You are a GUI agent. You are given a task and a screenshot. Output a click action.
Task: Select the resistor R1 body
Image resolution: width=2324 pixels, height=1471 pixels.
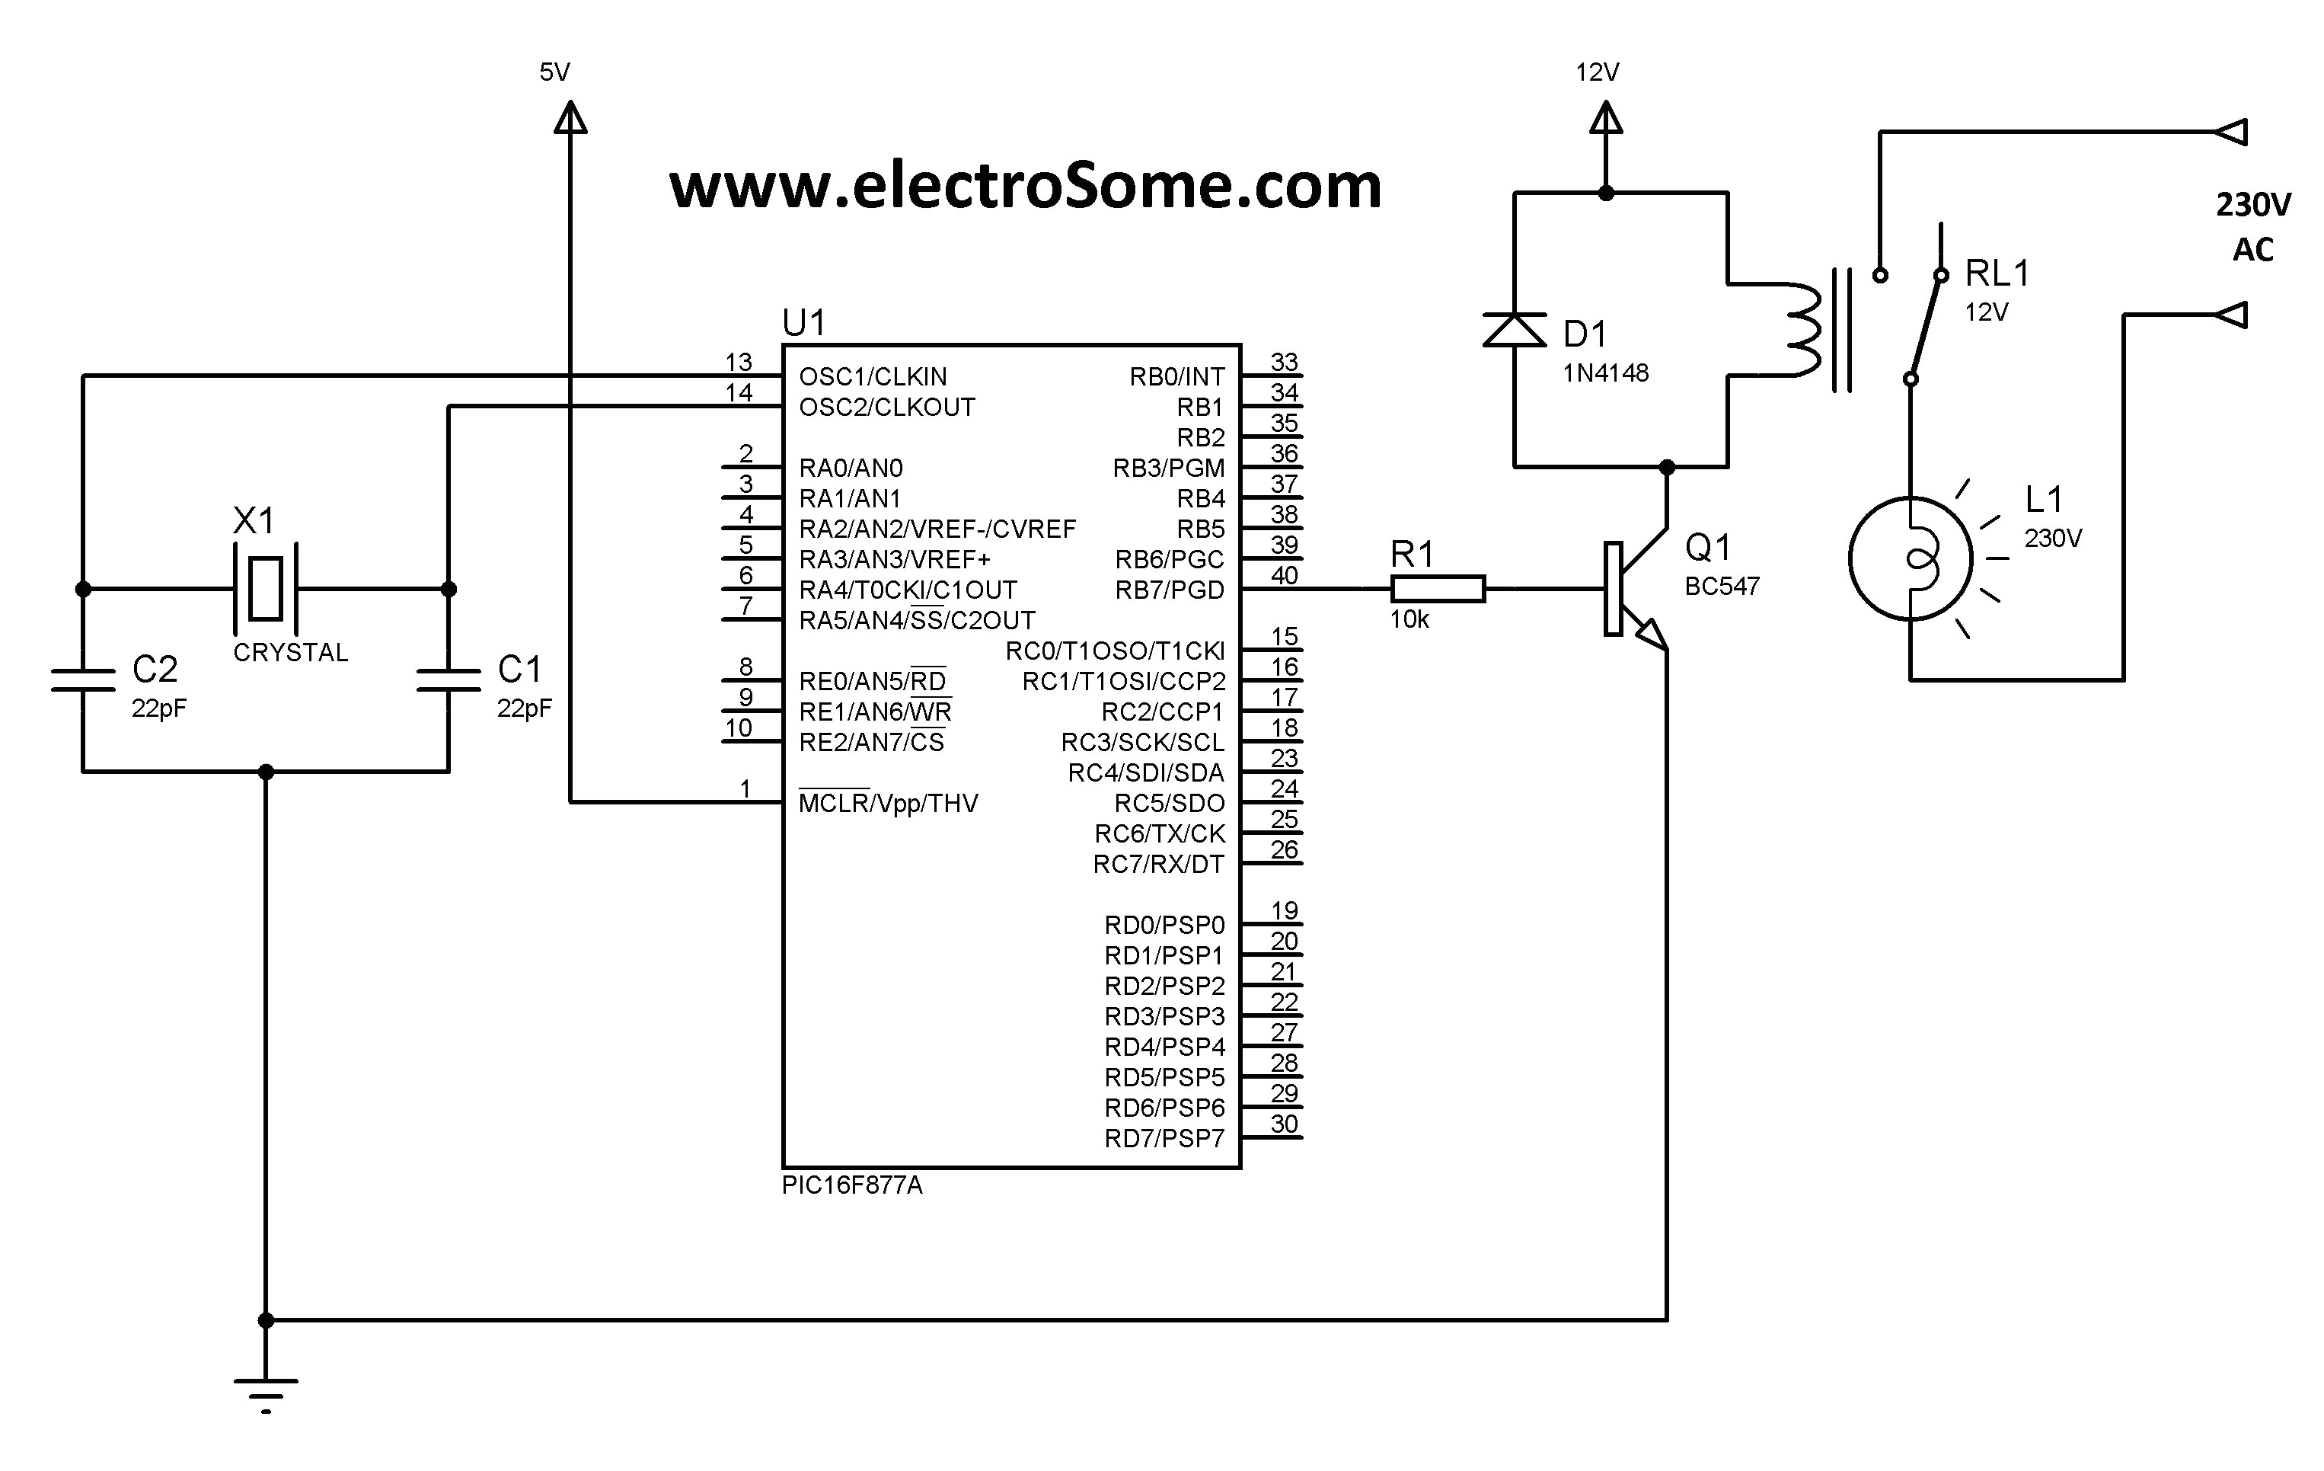[1437, 589]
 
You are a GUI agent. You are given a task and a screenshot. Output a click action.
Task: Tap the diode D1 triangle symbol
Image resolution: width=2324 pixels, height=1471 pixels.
[1513, 330]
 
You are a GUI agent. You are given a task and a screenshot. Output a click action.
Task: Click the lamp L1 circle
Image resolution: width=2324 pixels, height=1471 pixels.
[1910, 558]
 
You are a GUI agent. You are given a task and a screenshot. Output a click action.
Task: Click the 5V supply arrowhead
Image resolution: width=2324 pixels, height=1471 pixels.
[570, 118]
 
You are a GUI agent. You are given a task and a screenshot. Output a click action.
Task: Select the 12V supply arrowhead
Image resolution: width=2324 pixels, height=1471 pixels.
[1606, 119]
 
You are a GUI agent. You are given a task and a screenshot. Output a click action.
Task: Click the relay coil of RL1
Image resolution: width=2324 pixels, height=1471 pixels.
[1803, 330]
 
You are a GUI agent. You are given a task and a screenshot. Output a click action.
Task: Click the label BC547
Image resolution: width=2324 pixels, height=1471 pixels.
[1722, 586]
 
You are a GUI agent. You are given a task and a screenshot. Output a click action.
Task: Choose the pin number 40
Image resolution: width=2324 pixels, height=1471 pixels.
[1284, 575]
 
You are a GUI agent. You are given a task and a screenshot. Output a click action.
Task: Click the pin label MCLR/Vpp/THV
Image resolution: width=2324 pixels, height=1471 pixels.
[888, 803]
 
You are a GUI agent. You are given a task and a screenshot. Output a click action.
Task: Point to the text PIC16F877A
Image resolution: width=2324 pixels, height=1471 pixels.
[851, 1185]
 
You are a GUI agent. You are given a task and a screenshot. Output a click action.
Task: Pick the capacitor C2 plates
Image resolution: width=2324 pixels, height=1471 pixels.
[83, 680]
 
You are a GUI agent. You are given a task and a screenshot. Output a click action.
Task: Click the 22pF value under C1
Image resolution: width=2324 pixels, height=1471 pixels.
[524, 708]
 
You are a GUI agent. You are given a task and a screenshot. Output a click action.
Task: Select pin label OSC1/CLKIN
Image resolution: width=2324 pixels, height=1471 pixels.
[873, 376]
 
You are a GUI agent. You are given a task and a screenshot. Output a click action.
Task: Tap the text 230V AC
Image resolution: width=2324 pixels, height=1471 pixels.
[2252, 227]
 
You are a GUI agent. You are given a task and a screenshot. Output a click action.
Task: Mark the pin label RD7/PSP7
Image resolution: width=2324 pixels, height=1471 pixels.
[1164, 1139]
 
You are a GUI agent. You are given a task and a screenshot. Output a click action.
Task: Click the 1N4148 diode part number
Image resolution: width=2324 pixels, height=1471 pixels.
[1605, 373]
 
